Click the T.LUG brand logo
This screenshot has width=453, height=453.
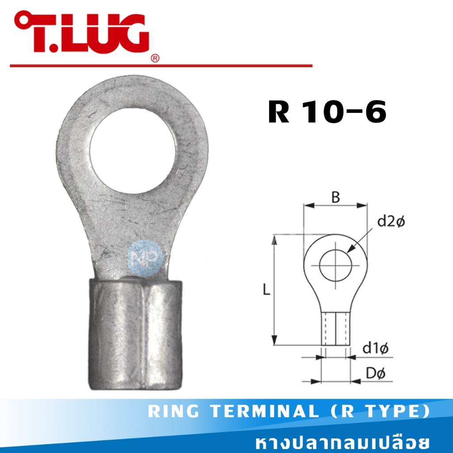(x=81, y=33)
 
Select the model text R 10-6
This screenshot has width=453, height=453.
(x=327, y=112)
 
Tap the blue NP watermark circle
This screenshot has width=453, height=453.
(x=141, y=260)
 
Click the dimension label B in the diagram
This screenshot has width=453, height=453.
(x=336, y=197)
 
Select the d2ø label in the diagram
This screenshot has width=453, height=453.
(x=391, y=221)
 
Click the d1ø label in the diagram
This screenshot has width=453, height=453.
(x=376, y=348)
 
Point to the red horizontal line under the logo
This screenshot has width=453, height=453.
(x=161, y=65)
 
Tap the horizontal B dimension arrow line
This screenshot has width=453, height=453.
(x=335, y=206)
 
